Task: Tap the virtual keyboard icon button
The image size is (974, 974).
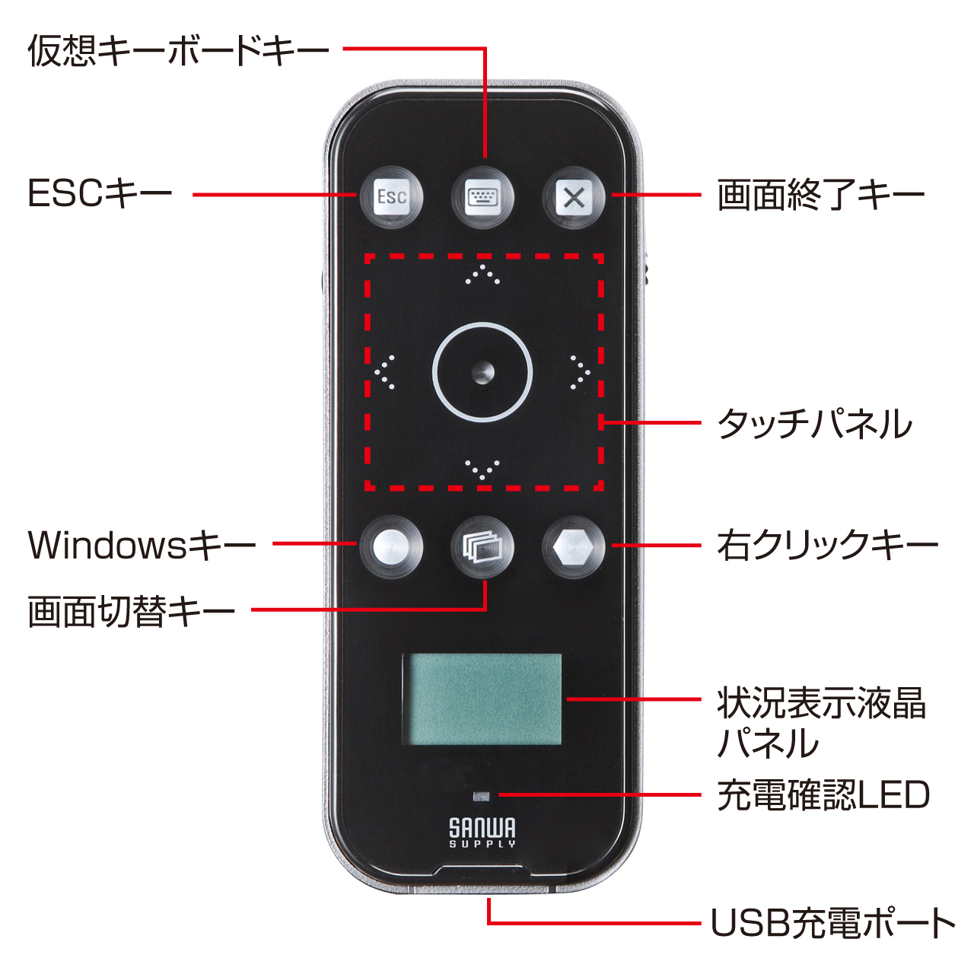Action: pyautogui.click(x=482, y=197)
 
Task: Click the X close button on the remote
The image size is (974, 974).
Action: pyautogui.click(x=574, y=197)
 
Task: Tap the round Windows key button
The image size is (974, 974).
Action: pyautogui.click(x=390, y=547)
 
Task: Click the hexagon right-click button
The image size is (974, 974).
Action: pyautogui.click(x=574, y=547)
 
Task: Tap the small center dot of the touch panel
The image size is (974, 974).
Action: pyautogui.click(x=482, y=373)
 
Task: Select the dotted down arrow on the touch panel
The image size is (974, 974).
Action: pyautogui.click(x=482, y=469)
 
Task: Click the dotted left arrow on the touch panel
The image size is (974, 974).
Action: pyautogui.click(x=384, y=373)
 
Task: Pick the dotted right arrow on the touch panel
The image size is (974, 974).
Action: pyautogui.click(x=581, y=373)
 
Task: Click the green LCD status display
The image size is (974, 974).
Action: pyautogui.click(x=482, y=699)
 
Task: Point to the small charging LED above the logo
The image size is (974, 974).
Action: pyautogui.click(x=481, y=797)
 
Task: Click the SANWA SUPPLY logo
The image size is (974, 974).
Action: pyautogui.click(x=482, y=832)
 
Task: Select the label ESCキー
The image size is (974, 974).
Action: pyautogui.click(x=100, y=194)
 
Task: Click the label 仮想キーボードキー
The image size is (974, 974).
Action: pyautogui.click(x=178, y=50)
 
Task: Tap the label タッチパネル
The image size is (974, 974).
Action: pyautogui.click(x=815, y=423)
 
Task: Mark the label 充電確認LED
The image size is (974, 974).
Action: pyautogui.click(x=823, y=795)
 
